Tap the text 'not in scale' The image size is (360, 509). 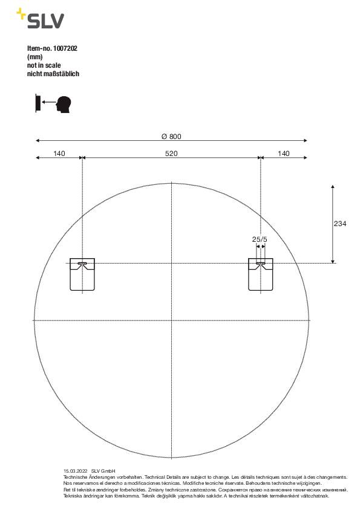45,65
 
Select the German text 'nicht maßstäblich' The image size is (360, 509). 53,74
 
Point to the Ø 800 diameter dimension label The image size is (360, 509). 171,136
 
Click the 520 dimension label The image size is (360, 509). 171,154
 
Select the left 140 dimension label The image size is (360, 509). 59,154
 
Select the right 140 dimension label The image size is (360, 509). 283,154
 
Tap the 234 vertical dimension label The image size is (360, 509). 340,224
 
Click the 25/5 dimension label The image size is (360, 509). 259,240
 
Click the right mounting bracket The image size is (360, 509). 260,274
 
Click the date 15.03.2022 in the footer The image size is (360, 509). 76,470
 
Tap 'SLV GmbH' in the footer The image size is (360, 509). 103,470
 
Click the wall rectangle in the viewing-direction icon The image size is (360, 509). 38,103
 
